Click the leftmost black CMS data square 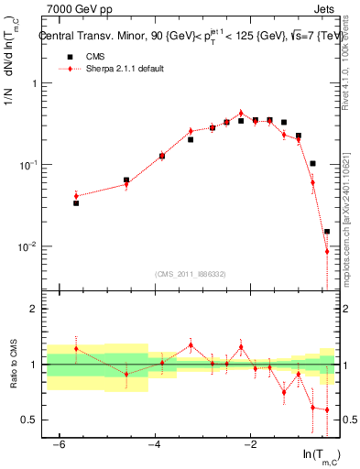click(x=76, y=202)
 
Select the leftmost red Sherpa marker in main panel click(x=76, y=195)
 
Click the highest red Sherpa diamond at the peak click(x=241, y=114)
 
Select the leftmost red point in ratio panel click(x=76, y=348)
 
